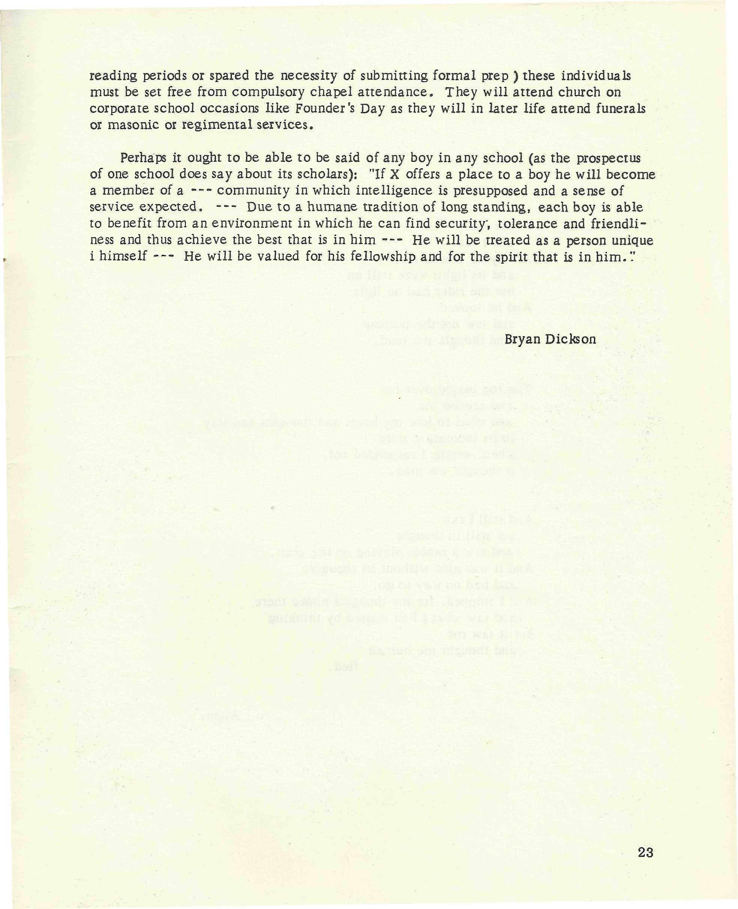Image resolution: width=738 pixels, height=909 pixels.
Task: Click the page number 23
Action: click(645, 852)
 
